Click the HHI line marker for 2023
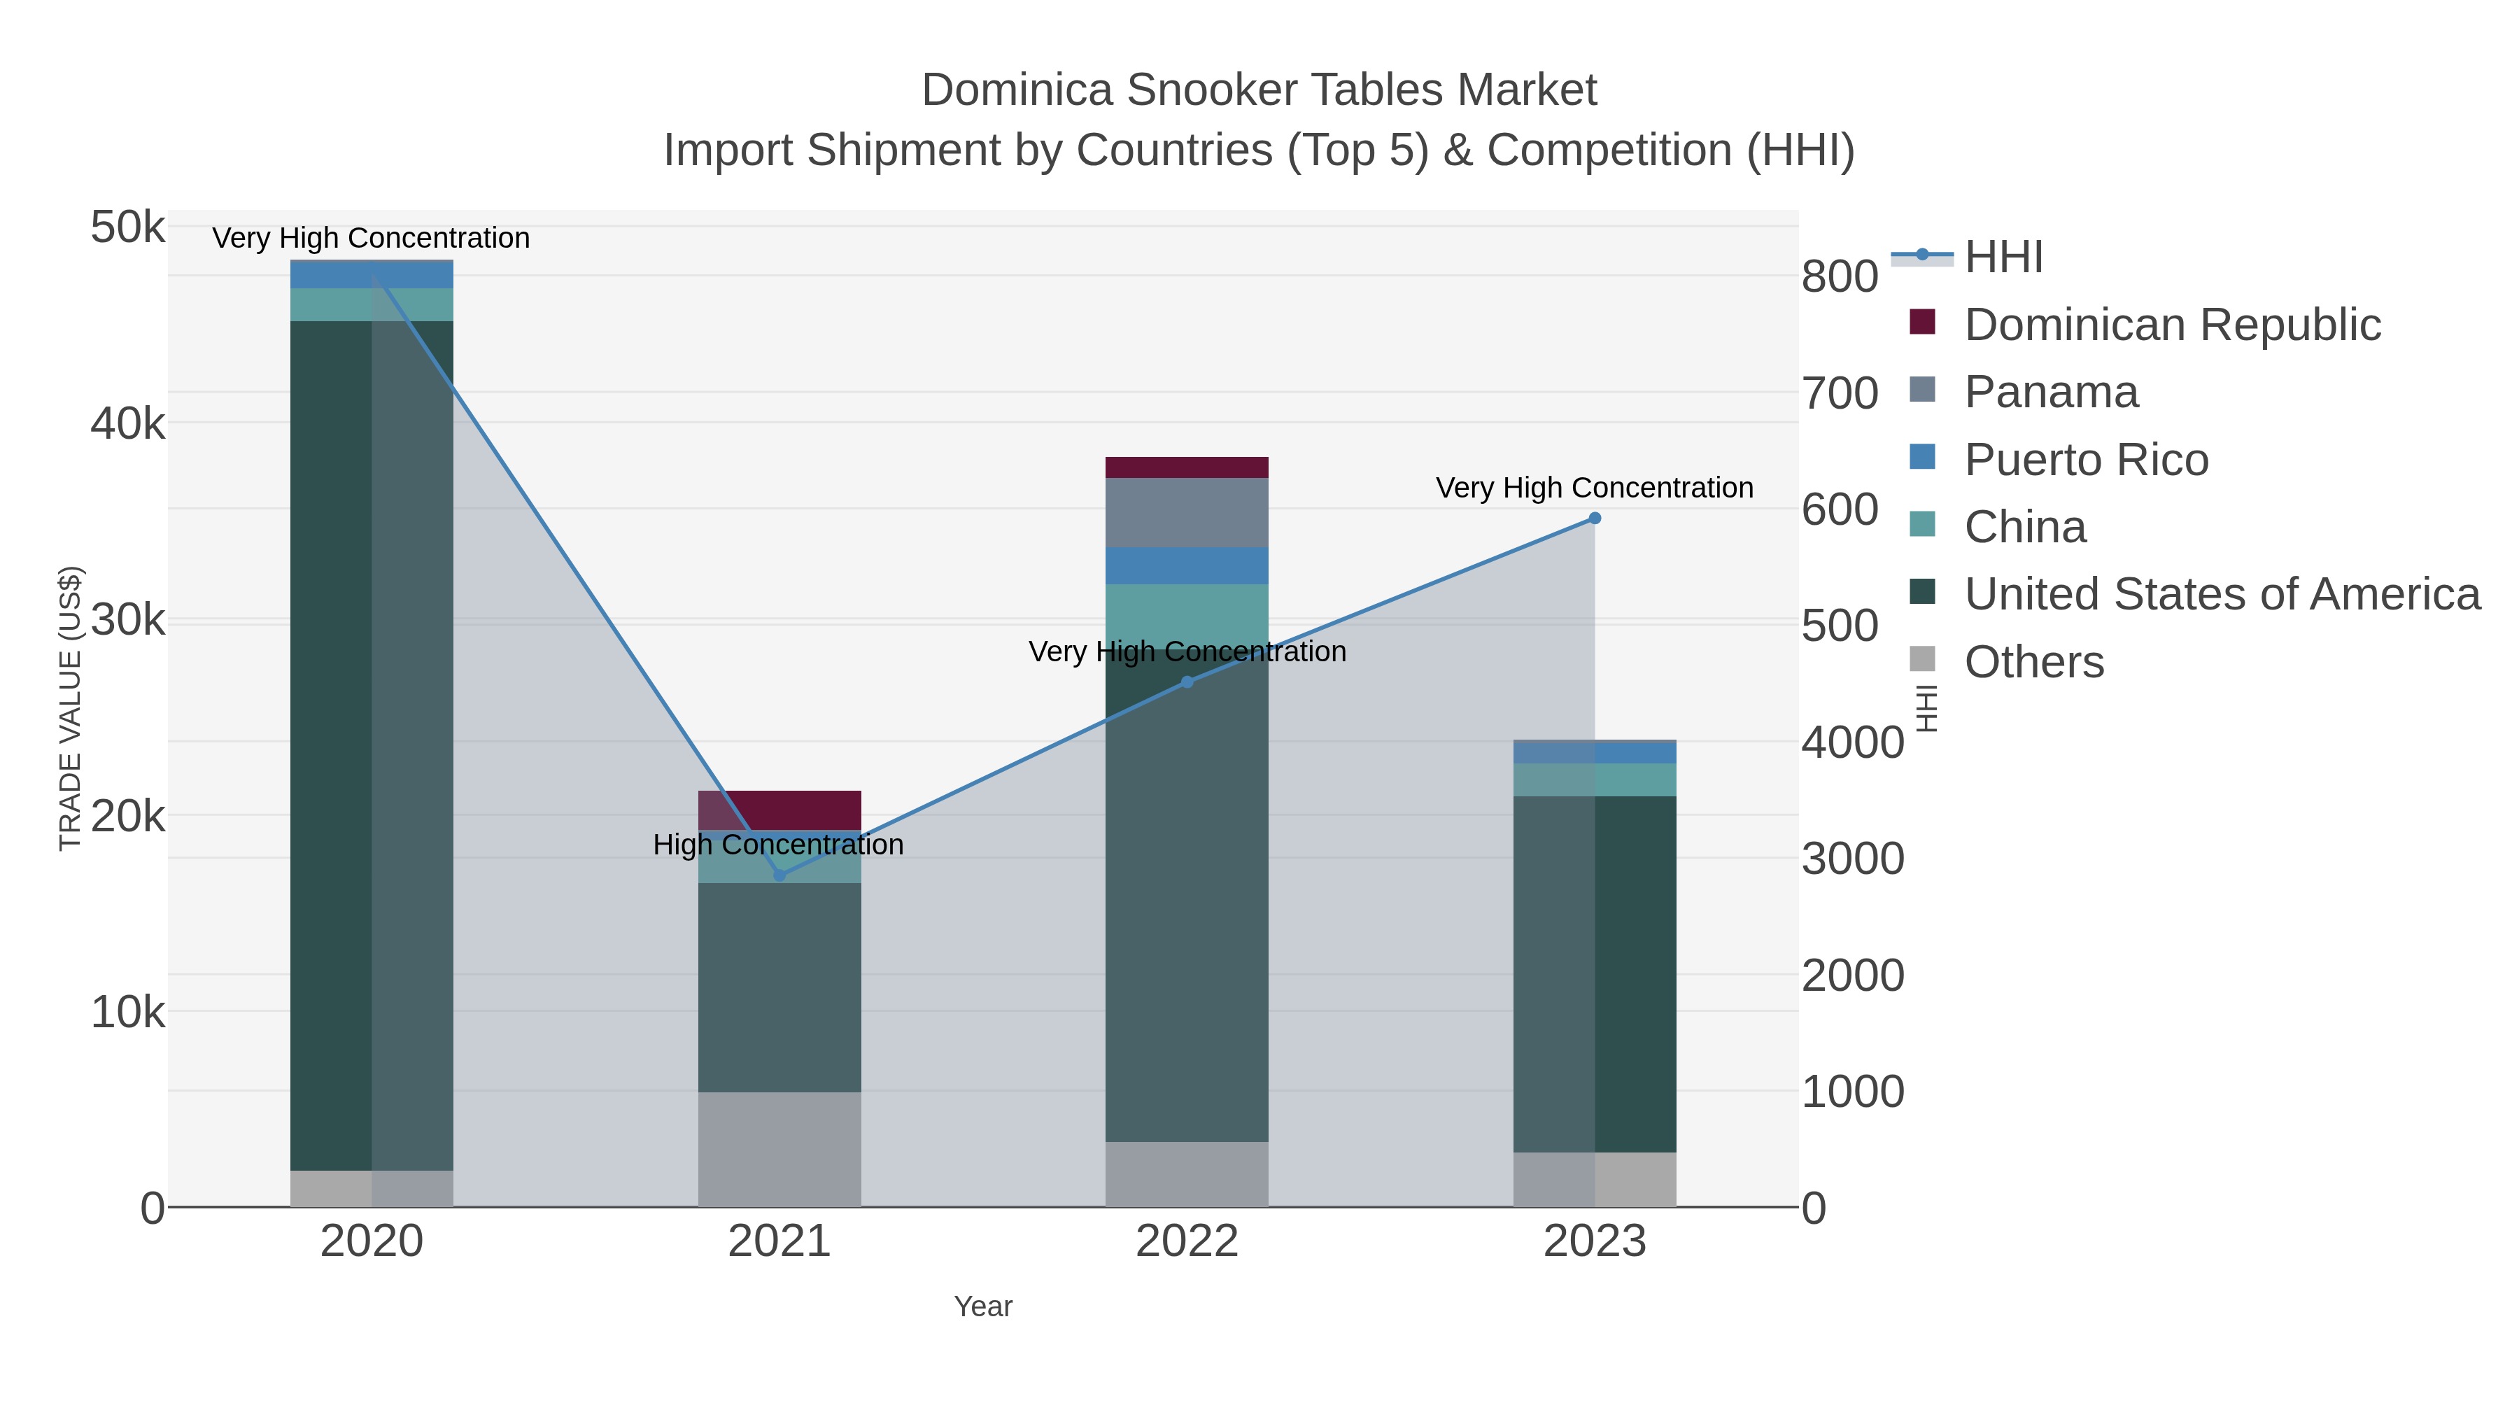1594,519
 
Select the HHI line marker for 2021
779,874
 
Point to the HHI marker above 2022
1187,682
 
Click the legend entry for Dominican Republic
2172,325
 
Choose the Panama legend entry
2051,392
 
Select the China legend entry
2024,527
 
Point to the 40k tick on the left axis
128,425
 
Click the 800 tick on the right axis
1840,276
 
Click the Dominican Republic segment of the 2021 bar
779,810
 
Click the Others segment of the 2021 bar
779,1149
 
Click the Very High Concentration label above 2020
371,238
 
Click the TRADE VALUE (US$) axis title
71,708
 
